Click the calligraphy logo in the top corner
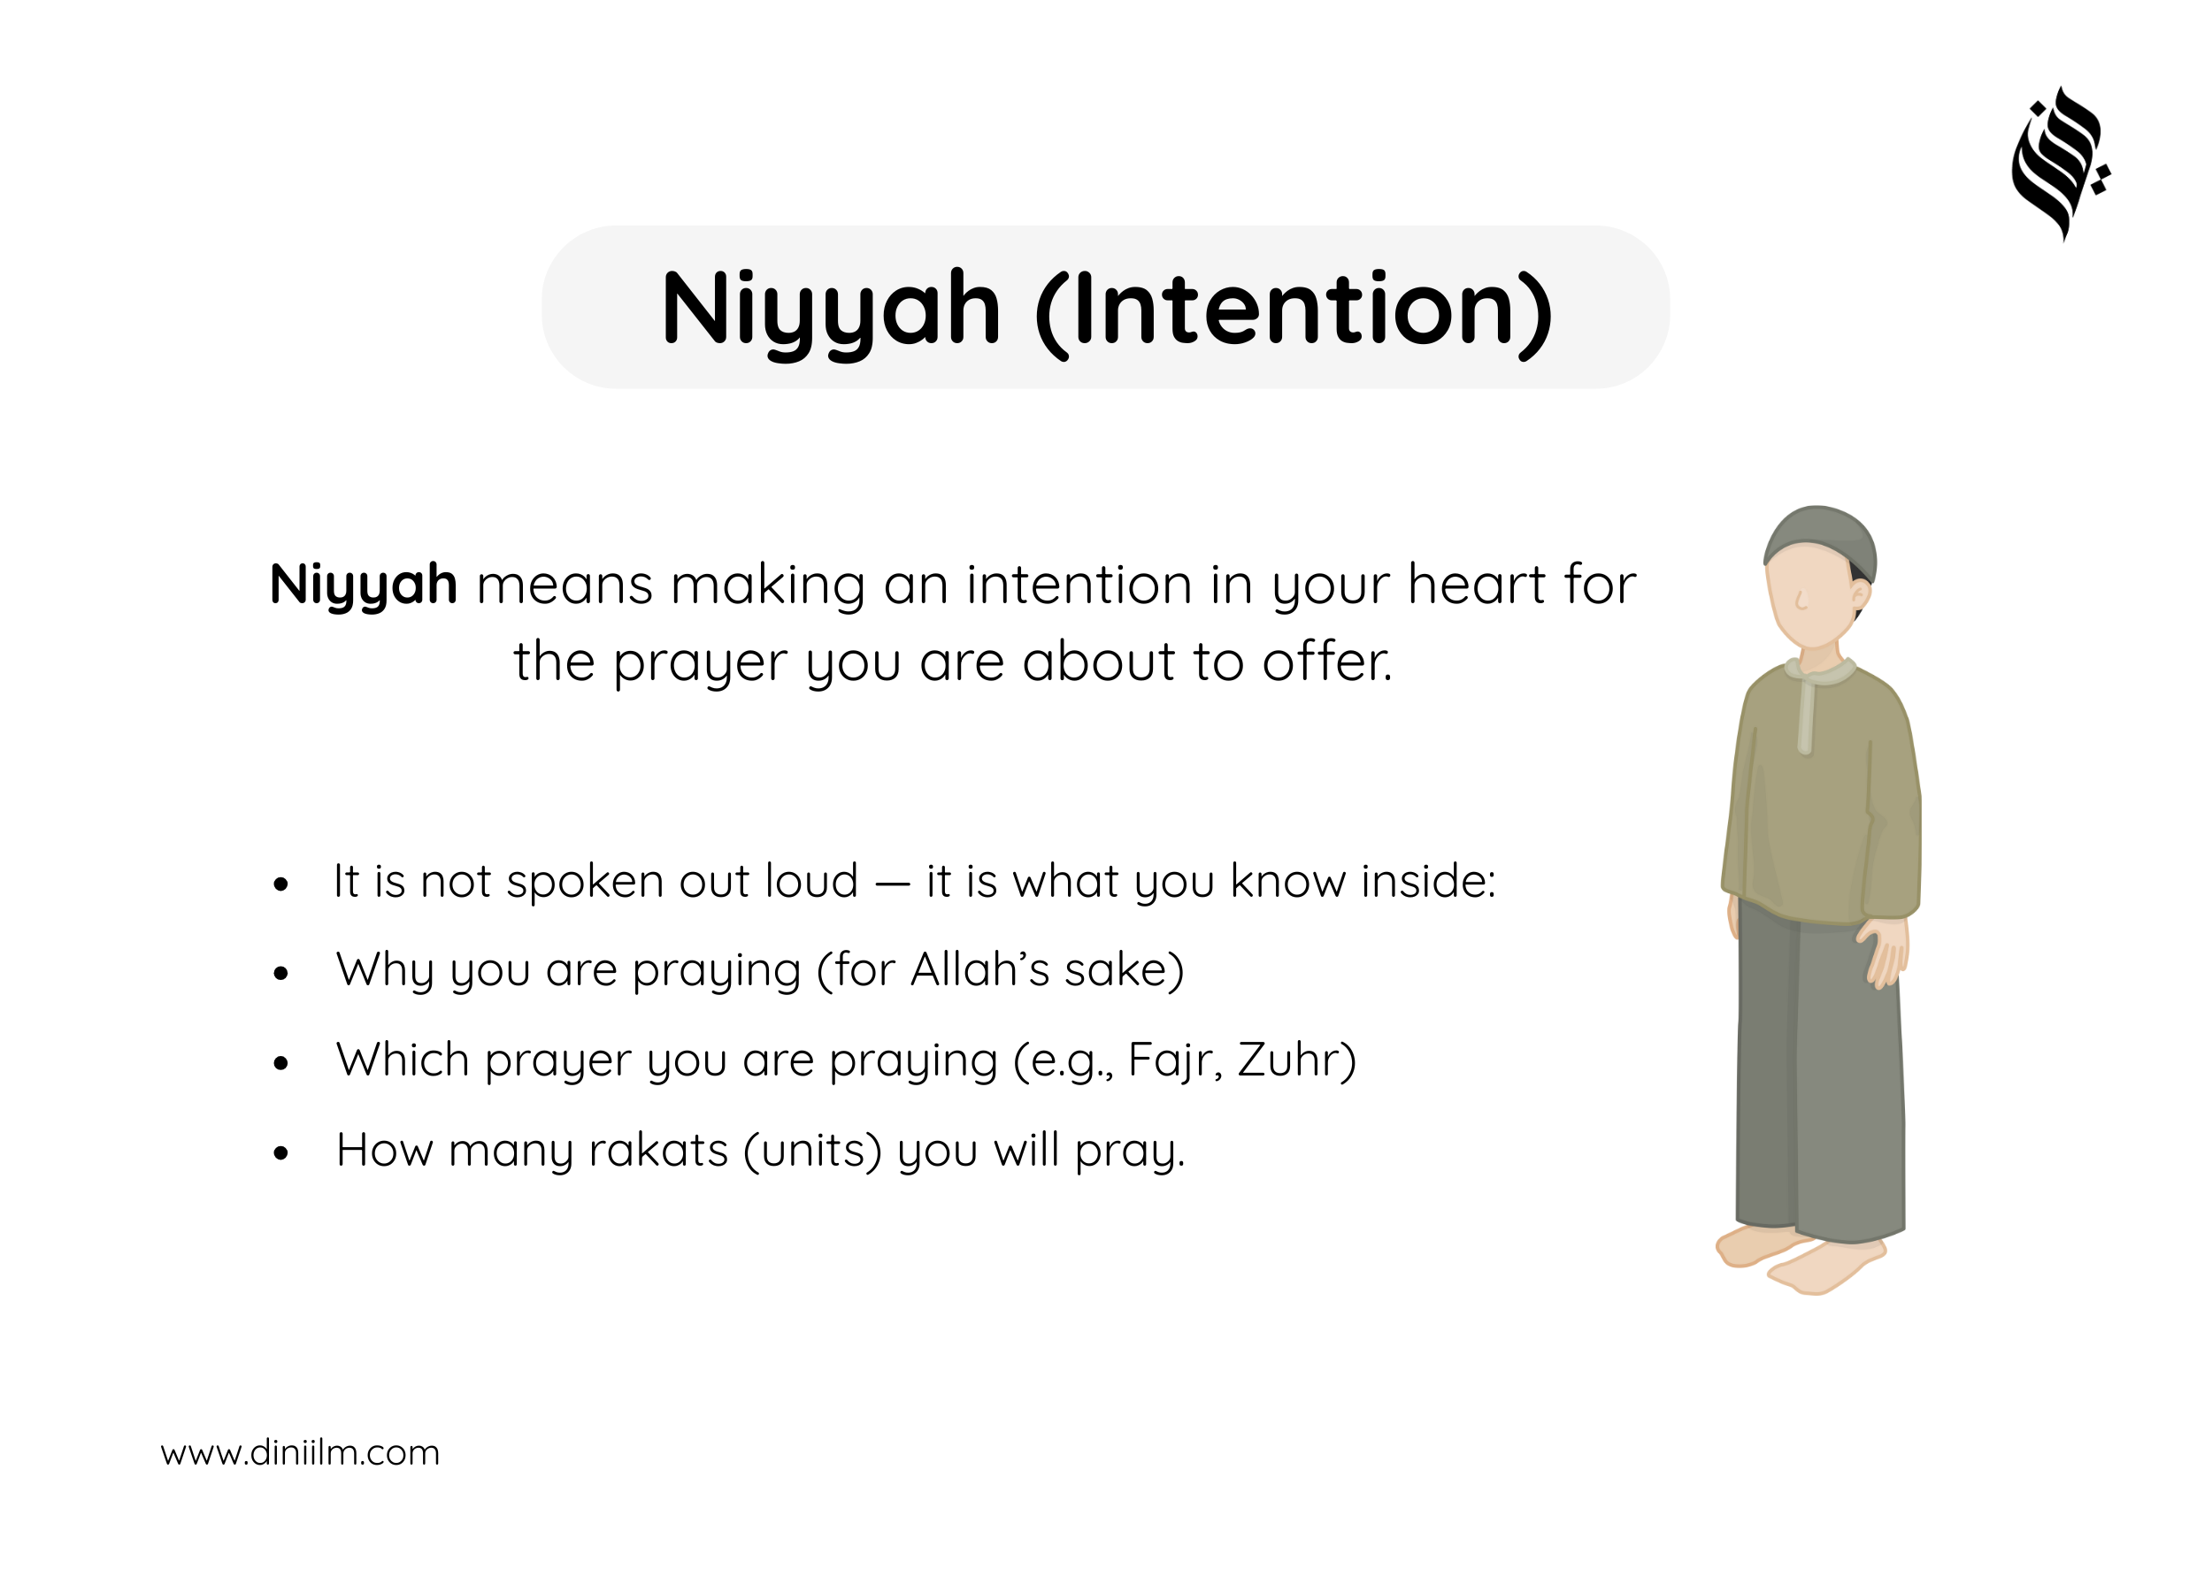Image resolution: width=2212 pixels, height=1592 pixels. (2060, 163)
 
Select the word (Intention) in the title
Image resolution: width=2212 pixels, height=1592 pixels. (1294, 311)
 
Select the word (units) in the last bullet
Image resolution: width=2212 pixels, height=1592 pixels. (812, 1152)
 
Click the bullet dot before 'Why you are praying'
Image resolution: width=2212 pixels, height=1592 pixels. (280, 973)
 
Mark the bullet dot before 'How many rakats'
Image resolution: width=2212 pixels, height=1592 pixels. (280, 1154)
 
